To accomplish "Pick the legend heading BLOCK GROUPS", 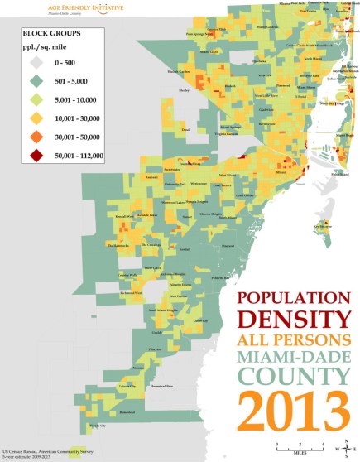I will (x=51, y=32).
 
